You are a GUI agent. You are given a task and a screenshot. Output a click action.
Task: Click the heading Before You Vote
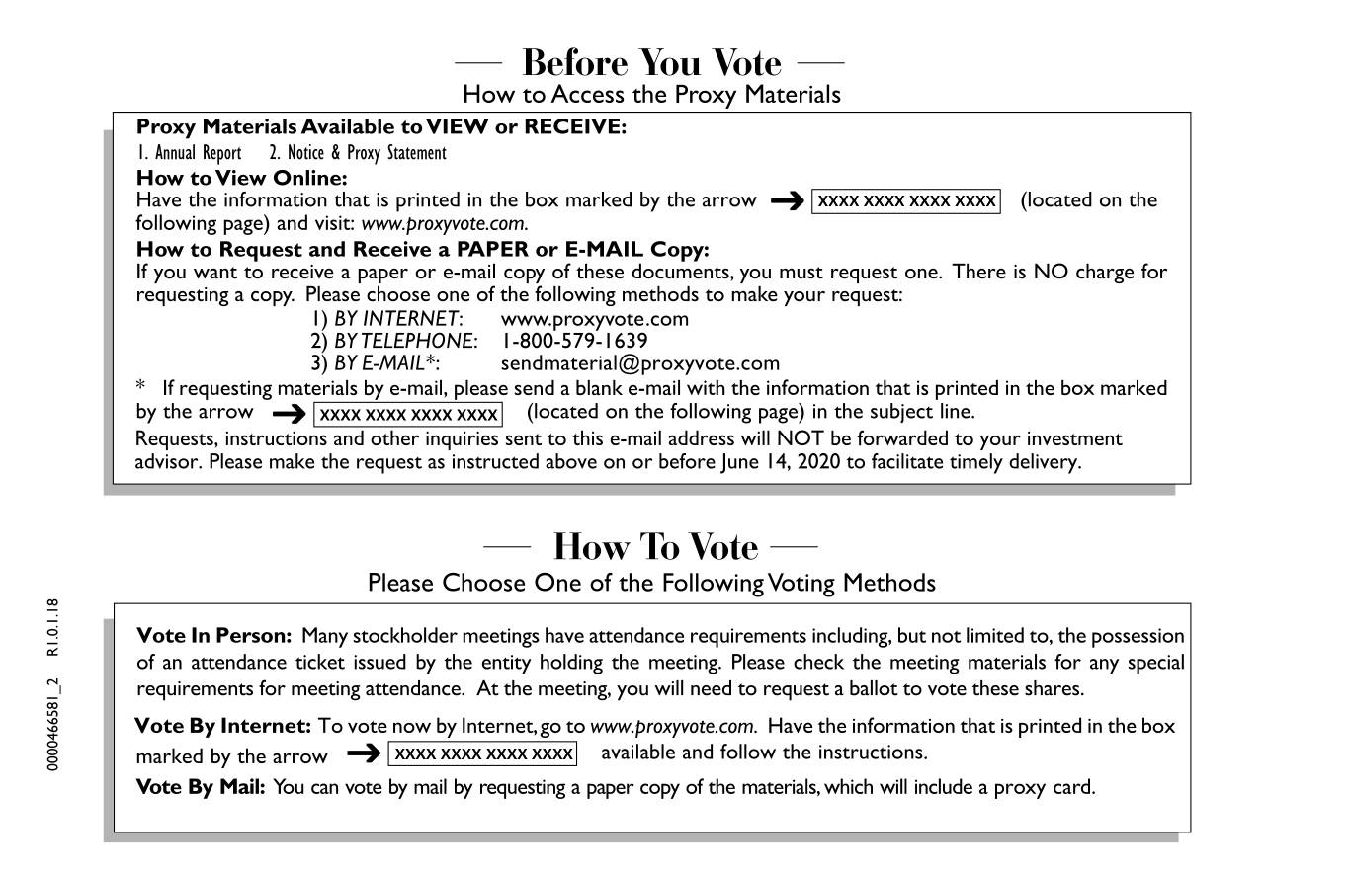650,63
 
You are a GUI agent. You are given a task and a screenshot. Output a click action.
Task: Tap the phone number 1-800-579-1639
574,341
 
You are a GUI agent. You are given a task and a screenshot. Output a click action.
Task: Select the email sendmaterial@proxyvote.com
639,363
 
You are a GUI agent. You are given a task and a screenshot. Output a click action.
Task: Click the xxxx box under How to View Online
906,201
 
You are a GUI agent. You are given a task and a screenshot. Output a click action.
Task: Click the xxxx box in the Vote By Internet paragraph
482,753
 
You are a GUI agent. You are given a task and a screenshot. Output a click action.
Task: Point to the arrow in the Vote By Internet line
364,754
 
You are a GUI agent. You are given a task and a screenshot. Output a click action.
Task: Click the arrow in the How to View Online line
787,201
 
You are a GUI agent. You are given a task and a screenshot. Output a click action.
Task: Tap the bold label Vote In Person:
213,635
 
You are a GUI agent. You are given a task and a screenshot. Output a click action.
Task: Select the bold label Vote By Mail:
201,787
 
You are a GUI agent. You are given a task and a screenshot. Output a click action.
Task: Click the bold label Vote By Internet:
223,726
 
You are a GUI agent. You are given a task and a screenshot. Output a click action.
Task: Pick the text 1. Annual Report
189,153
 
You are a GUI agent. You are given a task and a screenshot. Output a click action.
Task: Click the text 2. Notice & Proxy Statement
358,153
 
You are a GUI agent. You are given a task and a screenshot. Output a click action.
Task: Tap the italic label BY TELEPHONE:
405,341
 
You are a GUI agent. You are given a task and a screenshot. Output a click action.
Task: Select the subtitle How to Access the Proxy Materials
651,95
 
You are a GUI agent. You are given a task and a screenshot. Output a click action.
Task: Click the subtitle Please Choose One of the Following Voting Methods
651,583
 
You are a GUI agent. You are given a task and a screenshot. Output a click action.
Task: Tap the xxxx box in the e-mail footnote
408,414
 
